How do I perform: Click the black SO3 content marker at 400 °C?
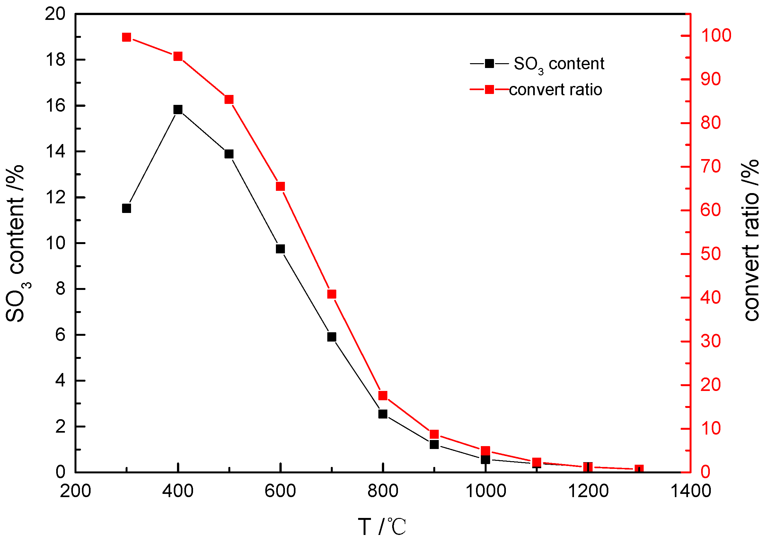pyautogui.click(x=178, y=109)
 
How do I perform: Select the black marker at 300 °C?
pyautogui.click(x=126, y=208)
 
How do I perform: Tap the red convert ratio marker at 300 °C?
pyautogui.click(x=126, y=37)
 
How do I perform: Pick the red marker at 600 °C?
pyautogui.click(x=280, y=186)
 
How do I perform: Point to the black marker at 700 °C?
pyautogui.click(x=331, y=337)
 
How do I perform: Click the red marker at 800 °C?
pyautogui.click(x=383, y=395)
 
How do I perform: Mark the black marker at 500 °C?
pyautogui.click(x=229, y=154)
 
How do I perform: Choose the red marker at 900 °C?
pyautogui.click(x=434, y=434)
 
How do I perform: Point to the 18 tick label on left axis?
pyautogui.click(x=55, y=60)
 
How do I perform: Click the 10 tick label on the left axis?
pyautogui.click(x=55, y=243)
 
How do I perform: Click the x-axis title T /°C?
pyautogui.click(x=382, y=527)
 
